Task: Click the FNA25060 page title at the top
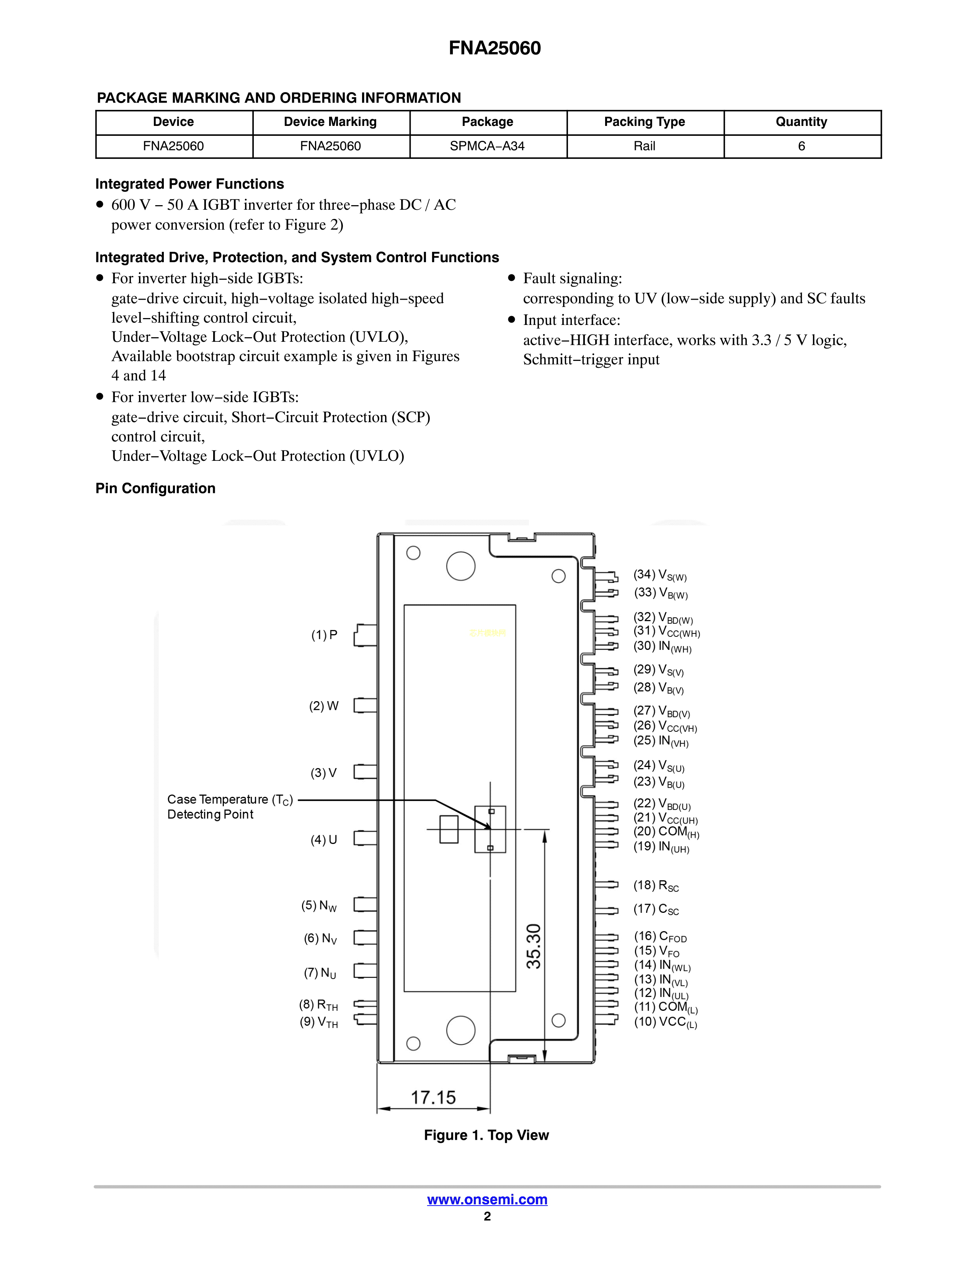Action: point(495,48)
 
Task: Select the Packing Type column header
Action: point(644,122)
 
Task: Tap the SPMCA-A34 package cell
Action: point(487,146)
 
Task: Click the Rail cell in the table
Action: point(644,146)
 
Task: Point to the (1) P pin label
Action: point(324,635)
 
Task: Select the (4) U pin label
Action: point(324,840)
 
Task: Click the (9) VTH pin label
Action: point(318,1022)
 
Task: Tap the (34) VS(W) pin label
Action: point(660,575)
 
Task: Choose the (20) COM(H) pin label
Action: point(666,832)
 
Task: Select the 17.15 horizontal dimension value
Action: point(433,1097)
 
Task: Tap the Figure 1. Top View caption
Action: point(486,1135)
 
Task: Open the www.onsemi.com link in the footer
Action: point(487,1200)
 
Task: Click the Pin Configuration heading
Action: point(155,489)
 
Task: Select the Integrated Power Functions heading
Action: point(189,184)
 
